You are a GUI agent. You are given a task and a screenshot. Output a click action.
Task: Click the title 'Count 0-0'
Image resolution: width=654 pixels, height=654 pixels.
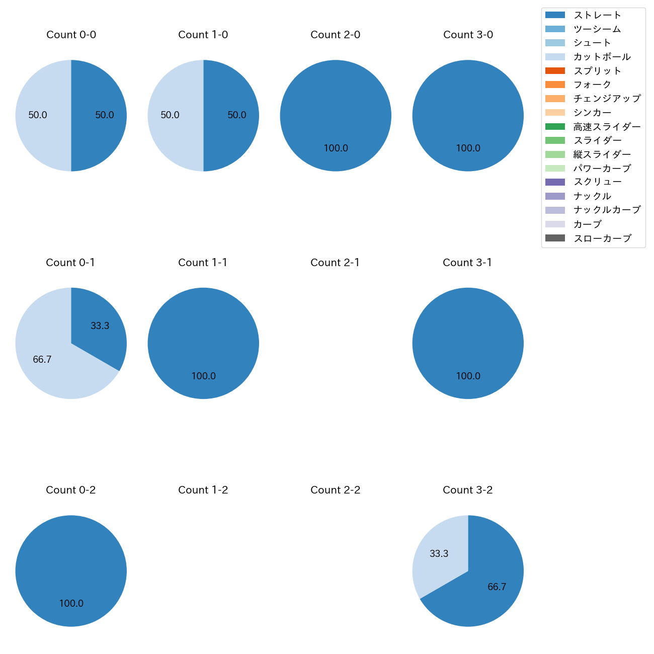pyautogui.click(x=71, y=35)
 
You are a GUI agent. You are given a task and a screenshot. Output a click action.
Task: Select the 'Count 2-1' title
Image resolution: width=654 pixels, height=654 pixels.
pyautogui.click(x=335, y=263)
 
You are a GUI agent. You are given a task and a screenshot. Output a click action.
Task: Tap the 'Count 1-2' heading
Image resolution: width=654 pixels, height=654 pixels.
pyautogui.click(x=203, y=490)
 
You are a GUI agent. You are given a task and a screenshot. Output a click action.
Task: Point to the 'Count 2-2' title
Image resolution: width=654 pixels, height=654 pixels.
pyautogui.click(x=335, y=490)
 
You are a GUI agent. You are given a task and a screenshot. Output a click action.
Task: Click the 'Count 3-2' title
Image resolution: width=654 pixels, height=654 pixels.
pyautogui.click(x=467, y=490)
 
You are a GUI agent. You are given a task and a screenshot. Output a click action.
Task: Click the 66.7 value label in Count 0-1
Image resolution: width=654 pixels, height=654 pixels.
pyautogui.click(x=42, y=360)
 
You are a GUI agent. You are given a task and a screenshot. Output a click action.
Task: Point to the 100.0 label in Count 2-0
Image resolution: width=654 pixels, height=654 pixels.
pyautogui.click(x=336, y=148)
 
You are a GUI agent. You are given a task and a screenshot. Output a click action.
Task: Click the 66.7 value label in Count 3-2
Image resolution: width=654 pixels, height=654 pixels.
pyautogui.click(x=497, y=587)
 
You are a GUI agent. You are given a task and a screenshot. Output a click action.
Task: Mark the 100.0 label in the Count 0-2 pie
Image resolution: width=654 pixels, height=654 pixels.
pyautogui.click(x=71, y=604)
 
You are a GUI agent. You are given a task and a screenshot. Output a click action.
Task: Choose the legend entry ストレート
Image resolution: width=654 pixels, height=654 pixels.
pyautogui.click(x=597, y=15)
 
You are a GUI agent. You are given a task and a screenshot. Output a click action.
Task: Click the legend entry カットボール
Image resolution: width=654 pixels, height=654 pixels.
pyautogui.click(x=602, y=57)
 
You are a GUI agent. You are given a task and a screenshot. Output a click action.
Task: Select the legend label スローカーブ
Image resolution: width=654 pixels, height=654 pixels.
pyautogui.click(x=602, y=238)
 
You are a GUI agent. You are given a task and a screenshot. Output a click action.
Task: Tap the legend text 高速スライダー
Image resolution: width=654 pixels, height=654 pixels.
pyautogui.click(x=607, y=127)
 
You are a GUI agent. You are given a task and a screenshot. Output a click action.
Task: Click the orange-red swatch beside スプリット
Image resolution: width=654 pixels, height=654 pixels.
pyautogui.click(x=555, y=71)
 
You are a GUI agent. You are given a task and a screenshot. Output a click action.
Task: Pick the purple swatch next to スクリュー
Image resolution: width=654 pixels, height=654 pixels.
pyautogui.click(x=555, y=182)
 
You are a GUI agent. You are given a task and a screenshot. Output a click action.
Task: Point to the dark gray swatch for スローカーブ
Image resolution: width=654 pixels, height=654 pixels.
pyautogui.click(x=555, y=238)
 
